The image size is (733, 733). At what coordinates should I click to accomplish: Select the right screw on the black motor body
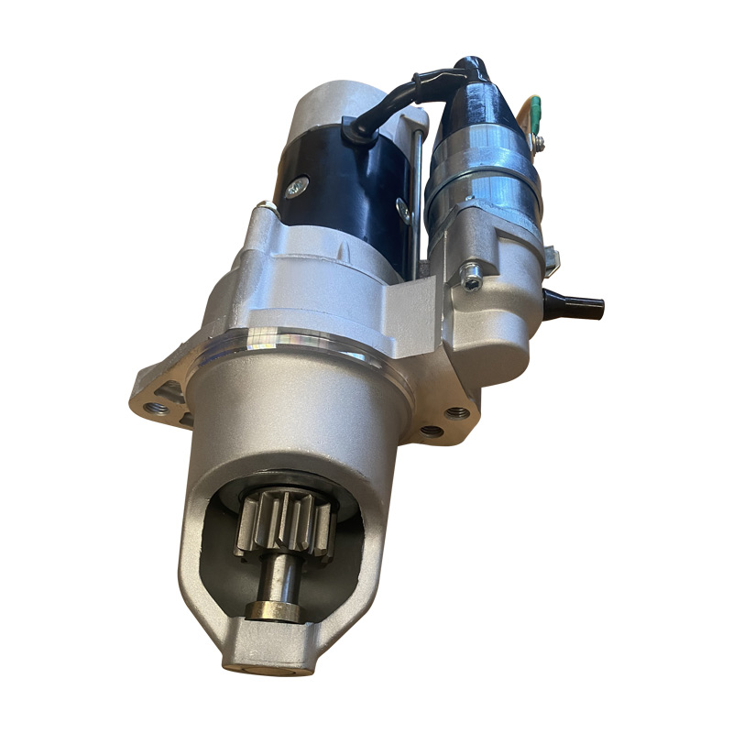pos(402,211)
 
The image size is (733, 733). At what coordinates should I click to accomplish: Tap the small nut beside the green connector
pos(540,143)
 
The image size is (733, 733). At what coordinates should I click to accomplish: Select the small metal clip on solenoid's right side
pos(550,257)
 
